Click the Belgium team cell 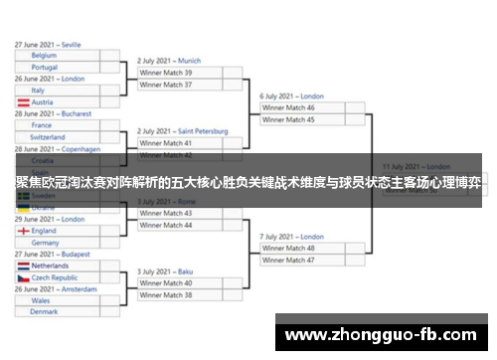[60, 56]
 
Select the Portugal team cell [60, 68]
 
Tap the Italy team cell [60, 90]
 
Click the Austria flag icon [23, 102]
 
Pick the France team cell [60, 125]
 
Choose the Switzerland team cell [60, 137]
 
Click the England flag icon [23, 231]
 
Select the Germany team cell [60, 243]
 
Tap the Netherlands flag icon [23, 267]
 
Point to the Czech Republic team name [55, 278]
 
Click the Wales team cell [60, 300]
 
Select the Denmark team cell [60, 312]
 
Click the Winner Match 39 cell [183, 73]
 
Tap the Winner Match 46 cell [303, 107]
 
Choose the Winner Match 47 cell [303, 260]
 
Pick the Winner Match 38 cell [183, 295]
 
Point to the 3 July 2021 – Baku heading [165, 271]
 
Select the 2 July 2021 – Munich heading [169, 61]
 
